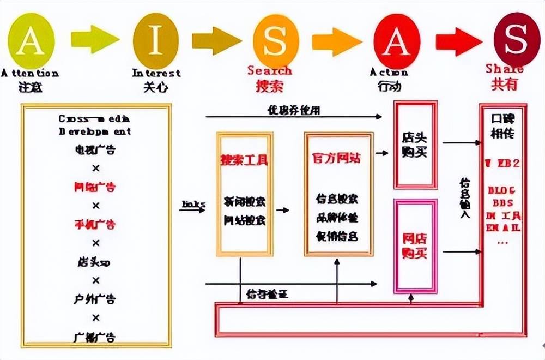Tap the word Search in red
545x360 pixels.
click(x=270, y=71)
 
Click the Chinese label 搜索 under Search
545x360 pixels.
click(x=270, y=86)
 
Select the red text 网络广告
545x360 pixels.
click(x=95, y=187)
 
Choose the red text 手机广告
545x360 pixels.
click(x=95, y=224)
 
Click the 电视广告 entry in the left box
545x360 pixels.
click(x=95, y=149)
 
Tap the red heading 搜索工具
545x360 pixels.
click(x=244, y=160)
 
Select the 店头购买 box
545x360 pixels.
click(x=415, y=144)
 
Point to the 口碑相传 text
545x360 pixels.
click(x=502, y=126)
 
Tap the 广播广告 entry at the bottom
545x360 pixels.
click(x=95, y=337)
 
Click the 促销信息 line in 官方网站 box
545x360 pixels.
click(x=337, y=236)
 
